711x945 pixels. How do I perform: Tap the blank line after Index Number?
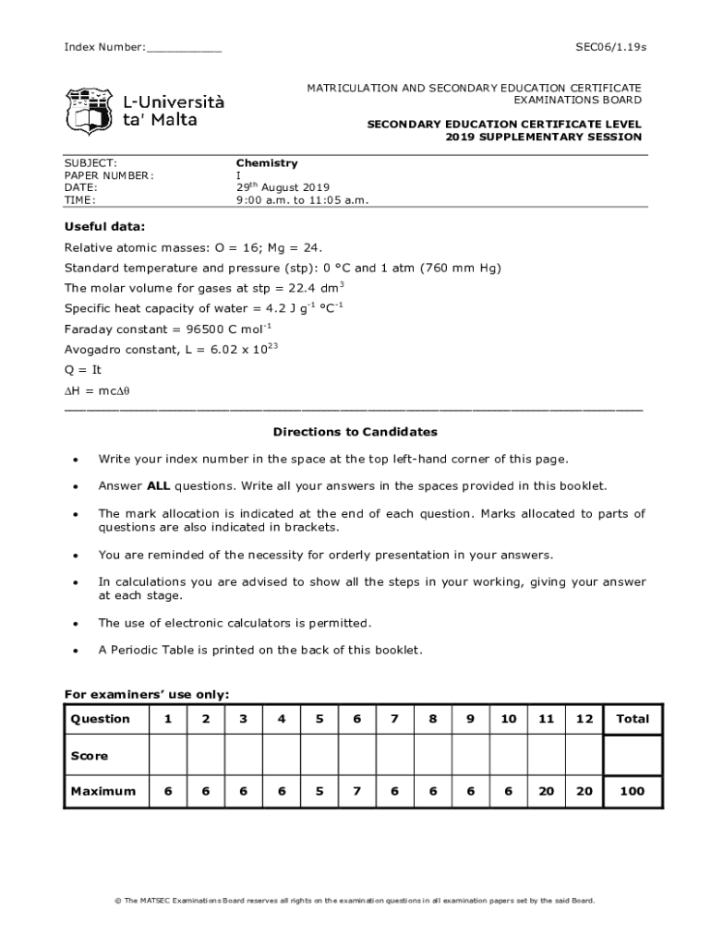[184, 48]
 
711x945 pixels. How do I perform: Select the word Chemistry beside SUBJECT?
[267, 163]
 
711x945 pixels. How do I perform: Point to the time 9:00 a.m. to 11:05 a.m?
[302, 200]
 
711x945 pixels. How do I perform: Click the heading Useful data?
[104, 227]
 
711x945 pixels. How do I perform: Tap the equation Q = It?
[83, 370]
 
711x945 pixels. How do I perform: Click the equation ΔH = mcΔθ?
[97, 390]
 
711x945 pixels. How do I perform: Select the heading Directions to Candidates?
[355, 432]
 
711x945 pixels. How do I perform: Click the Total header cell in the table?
[633, 719]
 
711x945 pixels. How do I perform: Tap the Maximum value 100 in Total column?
[633, 791]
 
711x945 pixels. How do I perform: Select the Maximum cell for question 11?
[547, 791]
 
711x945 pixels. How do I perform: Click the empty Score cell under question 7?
[394, 756]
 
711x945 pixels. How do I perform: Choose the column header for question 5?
[319, 719]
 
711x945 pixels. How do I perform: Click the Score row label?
[90, 756]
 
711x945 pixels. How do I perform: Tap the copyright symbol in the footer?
[117, 901]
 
